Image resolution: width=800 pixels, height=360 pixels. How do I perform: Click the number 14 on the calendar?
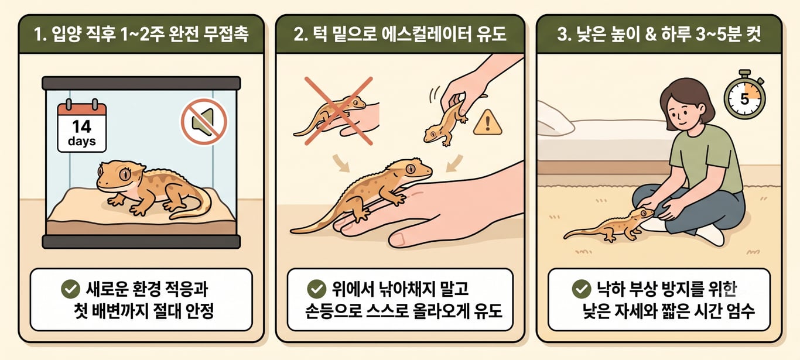point(82,126)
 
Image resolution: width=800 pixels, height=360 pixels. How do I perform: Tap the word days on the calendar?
point(82,141)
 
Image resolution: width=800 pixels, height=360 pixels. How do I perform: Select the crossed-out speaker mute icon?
point(204,121)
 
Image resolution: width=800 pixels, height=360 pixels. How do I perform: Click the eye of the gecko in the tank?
point(125,174)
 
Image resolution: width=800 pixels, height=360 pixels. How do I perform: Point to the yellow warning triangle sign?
point(487,123)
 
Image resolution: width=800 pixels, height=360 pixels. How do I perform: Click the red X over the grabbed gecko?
point(339,111)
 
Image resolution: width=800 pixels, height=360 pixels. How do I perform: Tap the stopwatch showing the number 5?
point(744,97)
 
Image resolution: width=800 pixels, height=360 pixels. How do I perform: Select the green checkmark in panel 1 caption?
point(70,289)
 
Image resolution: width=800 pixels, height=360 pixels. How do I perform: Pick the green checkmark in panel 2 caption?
point(316,289)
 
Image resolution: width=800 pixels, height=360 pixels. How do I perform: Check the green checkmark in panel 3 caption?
point(582,289)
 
